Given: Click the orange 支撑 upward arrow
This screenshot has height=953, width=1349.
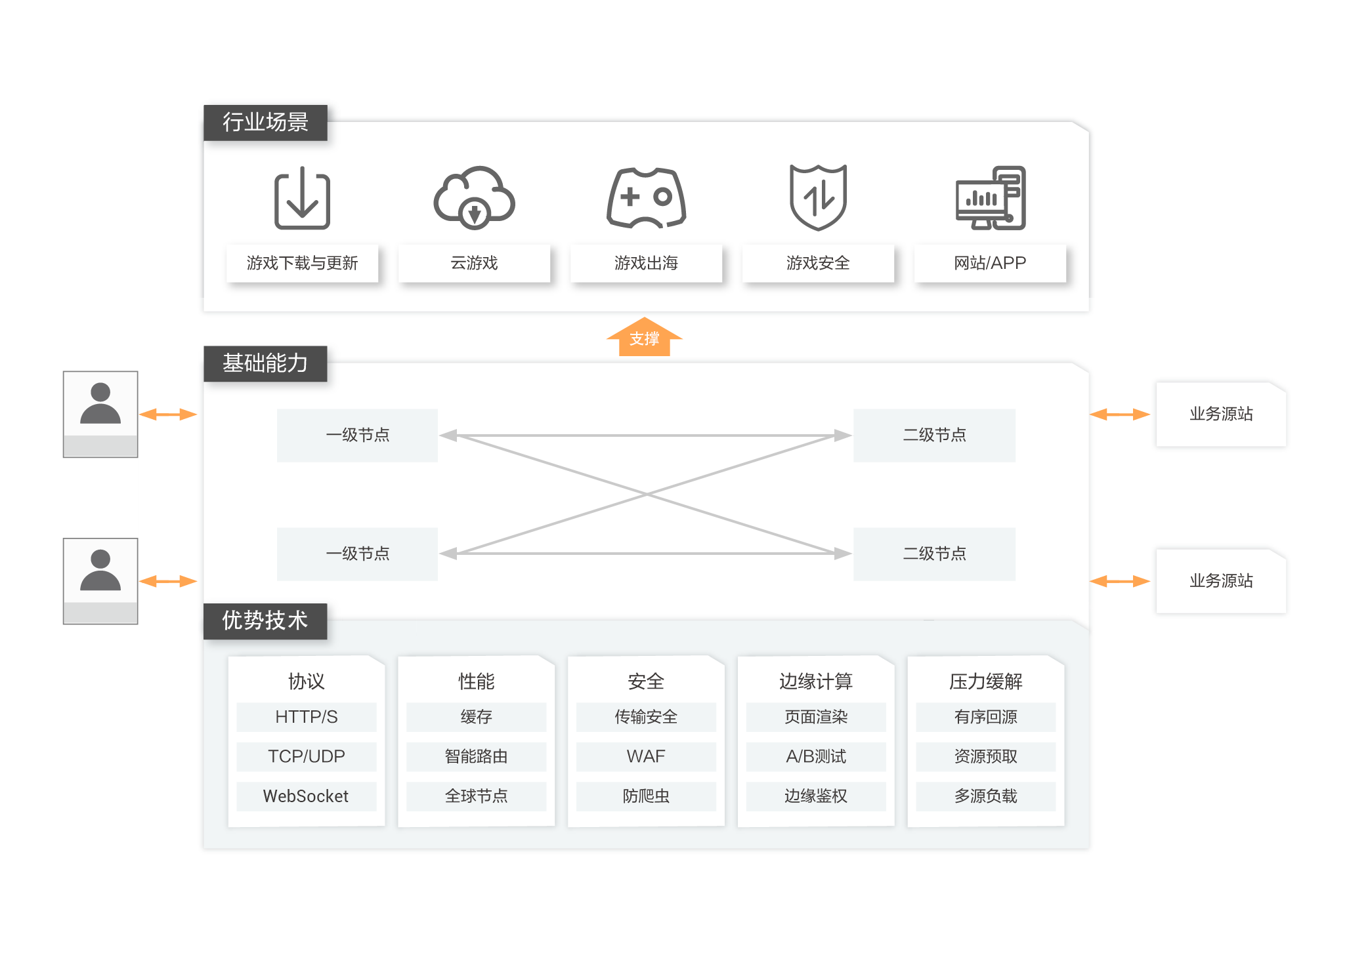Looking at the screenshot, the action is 645,338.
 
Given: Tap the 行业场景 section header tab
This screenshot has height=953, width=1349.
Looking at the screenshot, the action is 265,122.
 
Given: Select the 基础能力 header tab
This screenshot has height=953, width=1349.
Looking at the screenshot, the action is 265,363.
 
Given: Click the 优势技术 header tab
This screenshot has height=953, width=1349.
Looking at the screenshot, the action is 265,620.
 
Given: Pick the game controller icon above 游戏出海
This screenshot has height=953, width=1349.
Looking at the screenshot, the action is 646,197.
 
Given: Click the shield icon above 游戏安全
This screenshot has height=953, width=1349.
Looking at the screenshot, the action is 818,197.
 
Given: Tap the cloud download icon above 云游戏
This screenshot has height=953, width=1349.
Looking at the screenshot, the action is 474,197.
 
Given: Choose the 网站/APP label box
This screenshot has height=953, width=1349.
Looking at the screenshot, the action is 990,263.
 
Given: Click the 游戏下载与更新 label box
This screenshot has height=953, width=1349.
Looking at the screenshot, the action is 302,263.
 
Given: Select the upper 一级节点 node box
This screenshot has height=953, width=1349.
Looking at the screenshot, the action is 357,435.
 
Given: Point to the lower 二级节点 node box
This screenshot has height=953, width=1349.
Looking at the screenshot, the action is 934,554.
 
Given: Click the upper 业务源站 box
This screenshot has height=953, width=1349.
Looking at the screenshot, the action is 1221,414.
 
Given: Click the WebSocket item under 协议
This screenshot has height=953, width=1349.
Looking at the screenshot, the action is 306,796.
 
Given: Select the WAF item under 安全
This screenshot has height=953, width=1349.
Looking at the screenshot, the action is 646,756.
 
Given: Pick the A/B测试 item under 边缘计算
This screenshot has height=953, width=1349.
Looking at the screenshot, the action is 816,756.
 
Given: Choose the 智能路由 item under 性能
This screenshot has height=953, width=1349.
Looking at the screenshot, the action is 476,756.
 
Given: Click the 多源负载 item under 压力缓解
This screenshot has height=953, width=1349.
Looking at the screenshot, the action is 985,796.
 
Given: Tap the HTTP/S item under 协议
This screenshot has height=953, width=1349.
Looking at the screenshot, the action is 306,717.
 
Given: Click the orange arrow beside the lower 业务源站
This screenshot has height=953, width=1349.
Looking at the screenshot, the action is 1120,581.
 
